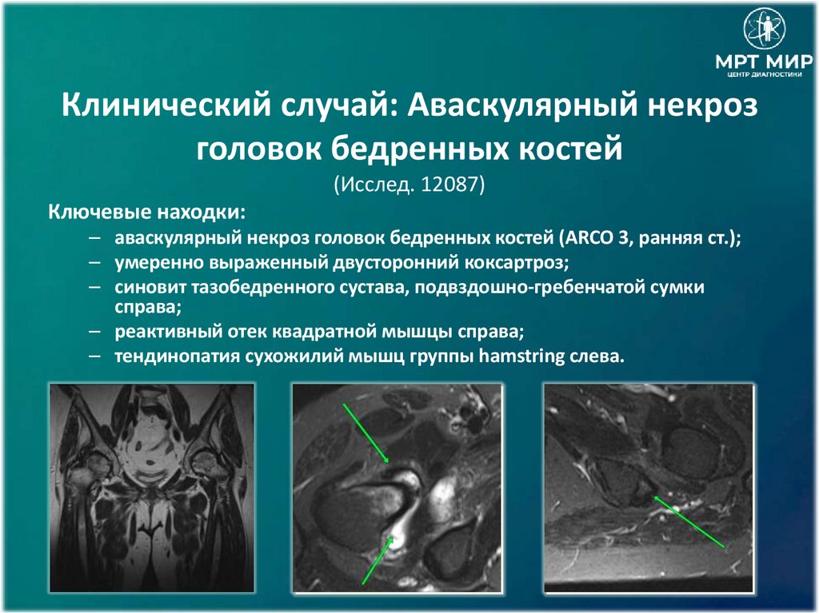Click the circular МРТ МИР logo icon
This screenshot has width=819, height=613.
point(765,30)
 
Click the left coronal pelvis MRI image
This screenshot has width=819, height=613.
point(152,488)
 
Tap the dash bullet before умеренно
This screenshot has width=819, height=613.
point(95,261)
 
